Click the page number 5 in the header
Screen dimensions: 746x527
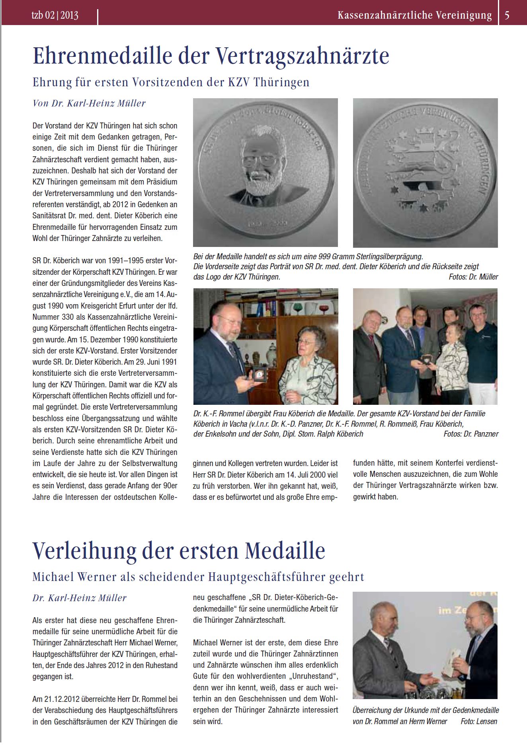point(507,16)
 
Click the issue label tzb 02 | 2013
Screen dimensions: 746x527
point(55,16)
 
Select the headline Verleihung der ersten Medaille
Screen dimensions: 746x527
point(179,551)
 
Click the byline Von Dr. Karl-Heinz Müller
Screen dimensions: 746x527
point(89,103)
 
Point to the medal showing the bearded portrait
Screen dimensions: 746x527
point(265,173)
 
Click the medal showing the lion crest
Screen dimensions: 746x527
point(425,173)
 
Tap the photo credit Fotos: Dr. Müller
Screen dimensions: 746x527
point(473,277)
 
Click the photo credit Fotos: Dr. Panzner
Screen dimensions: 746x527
point(471,434)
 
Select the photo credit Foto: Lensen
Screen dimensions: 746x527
point(479,721)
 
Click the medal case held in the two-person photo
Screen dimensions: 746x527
point(260,375)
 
